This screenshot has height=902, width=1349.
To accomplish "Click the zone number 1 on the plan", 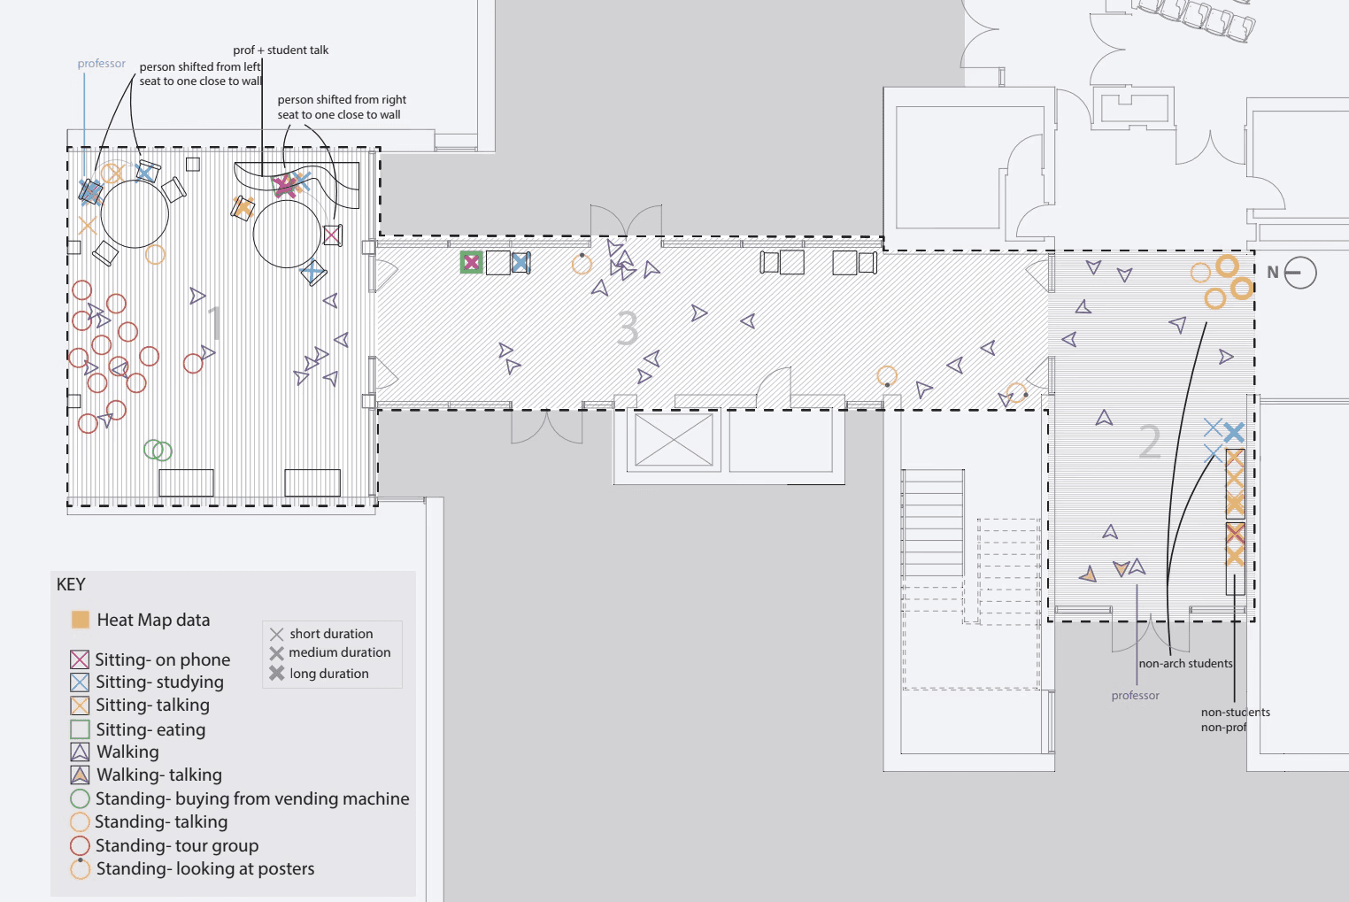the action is click(215, 323).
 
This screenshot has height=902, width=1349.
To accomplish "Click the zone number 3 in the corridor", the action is click(628, 328).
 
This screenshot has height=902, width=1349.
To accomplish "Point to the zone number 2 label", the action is click(1150, 442).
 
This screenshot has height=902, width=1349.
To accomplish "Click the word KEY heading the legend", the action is click(71, 585).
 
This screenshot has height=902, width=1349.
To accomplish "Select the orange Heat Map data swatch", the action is click(81, 620).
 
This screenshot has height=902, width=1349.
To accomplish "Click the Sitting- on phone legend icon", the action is click(80, 659).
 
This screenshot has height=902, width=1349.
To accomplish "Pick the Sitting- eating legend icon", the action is click(80, 729).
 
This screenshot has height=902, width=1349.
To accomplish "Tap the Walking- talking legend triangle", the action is click(80, 775).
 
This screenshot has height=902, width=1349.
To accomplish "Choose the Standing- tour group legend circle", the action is click(80, 845).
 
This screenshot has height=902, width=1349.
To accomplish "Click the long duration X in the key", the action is click(277, 674).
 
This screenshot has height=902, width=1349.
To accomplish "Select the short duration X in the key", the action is click(277, 634).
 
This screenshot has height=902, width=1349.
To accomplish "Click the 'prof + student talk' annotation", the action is click(281, 50).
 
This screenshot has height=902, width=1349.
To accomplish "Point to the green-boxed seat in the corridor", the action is click(471, 262).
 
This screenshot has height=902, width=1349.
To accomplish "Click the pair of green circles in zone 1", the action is click(158, 451).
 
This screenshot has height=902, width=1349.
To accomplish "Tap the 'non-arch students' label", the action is click(1185, 664).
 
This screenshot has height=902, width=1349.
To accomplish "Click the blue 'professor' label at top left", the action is click(101, 64).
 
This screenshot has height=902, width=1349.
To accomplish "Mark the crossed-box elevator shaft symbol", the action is click(674, 440).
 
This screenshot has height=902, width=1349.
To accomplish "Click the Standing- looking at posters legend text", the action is click(205, 869).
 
